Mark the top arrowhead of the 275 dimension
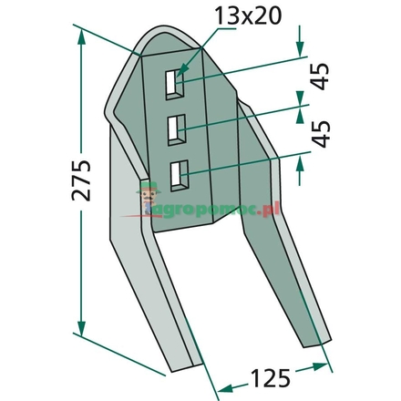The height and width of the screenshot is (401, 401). click(x=82, y=34)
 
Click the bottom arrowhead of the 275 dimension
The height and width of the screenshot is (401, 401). click(x=82, y=329)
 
